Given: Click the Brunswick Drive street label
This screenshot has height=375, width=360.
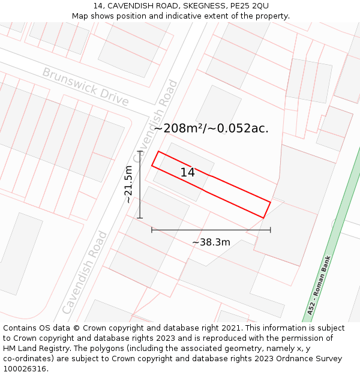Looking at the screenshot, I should (85, 86).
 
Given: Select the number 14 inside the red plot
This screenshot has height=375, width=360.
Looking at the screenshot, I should (187, 172).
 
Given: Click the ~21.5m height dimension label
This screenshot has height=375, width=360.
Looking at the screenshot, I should (128, 185).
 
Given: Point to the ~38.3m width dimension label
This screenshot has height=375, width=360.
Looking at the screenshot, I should (211, 242).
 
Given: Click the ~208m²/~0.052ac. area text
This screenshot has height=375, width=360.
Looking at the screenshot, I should (211, 128).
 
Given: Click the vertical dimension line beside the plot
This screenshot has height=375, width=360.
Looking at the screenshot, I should (140, 184).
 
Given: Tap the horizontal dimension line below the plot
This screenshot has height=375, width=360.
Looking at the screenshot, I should (211, 229).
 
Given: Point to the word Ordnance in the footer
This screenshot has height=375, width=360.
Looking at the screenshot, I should (299, 359).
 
